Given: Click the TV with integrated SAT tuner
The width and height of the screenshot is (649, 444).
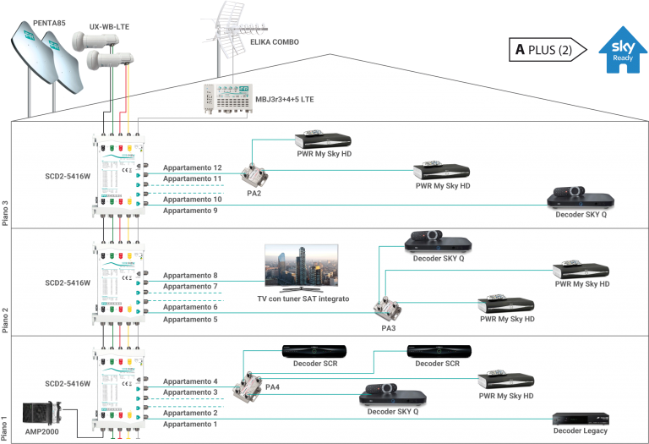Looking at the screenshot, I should tap(302, 268).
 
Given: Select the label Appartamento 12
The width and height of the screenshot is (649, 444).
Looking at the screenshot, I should tap(192, 167).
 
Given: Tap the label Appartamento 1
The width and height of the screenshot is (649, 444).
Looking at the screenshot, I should tap(190, 424).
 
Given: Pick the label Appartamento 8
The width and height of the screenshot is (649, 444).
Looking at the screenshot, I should tap(190, 276).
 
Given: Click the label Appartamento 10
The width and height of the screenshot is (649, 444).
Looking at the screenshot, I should tap(192, 199).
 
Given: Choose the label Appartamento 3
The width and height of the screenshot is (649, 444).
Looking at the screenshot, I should tap(190, 392).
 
